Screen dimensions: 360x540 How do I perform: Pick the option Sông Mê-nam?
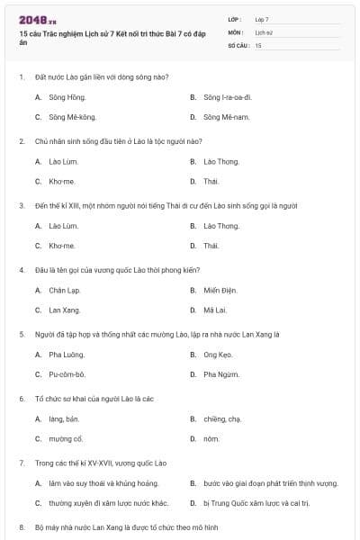(x=224, y=117)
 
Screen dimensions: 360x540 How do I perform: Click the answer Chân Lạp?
(x=65, y=290)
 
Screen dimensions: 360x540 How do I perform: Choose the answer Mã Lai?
(x=215, y=310)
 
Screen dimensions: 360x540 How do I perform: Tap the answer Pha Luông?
(x=66, y=355)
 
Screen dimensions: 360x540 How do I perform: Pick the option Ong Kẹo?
(x=219, y=355)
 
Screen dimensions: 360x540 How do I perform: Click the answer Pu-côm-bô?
(x=67, y=374)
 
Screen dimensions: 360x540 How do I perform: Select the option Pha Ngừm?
(x=221, y=374)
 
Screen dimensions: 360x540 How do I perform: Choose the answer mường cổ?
(x=67, y=439)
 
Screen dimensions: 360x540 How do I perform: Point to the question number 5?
(x=22, y=333)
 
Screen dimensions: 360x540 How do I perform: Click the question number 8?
(x=22, y=526)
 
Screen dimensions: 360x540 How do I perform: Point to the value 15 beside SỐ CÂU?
(x=258, y=45)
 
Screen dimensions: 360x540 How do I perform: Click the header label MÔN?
(x=236, y=31)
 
